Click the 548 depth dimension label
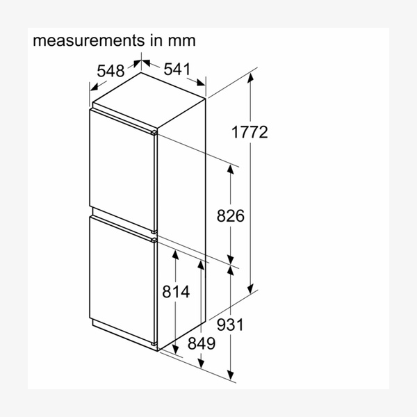click(111, 71)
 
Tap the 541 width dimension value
click(177, 69)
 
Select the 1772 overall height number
click(250, 132)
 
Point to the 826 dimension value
click(230, 215)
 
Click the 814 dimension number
click(176, 291)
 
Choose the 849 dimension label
click(202, 343)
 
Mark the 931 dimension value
click(230, 325)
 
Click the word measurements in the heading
click(88, 40)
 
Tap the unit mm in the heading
click(181, 42)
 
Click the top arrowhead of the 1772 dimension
click(250, 77)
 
